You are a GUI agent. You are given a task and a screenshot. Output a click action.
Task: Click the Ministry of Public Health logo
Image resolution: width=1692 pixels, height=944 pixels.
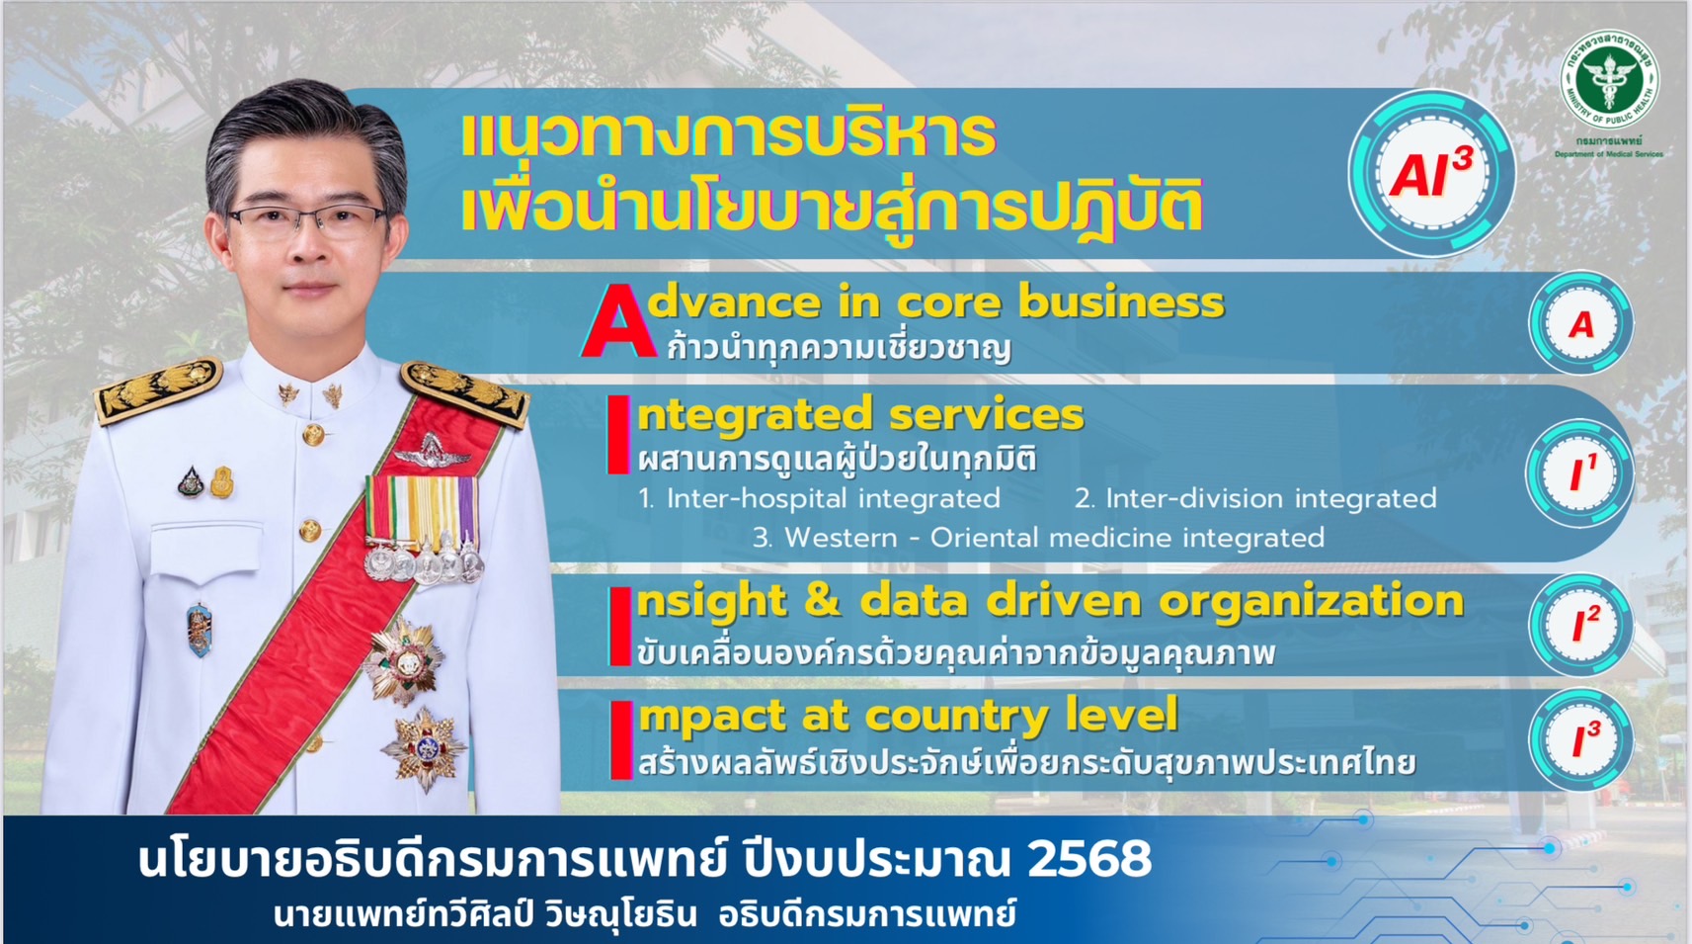pos(1609,79)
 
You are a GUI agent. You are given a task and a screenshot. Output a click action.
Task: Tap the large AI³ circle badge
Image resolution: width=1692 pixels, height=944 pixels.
pos(1431,173)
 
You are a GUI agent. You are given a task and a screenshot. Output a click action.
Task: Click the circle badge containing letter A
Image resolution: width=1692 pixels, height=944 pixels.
pos(1580,323)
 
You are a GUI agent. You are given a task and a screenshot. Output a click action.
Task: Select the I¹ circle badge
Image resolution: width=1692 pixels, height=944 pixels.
pos(1580,473)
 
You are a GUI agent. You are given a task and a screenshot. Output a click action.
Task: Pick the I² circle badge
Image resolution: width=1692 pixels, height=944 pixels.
pos(1581,625)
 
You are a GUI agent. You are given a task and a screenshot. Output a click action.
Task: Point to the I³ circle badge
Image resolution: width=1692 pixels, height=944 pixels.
pos(1581,740)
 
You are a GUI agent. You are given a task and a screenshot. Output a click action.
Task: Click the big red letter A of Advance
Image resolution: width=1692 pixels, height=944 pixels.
pos(619,321)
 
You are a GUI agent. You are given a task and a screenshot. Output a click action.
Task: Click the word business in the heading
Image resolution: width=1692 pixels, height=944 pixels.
pos(1121,302)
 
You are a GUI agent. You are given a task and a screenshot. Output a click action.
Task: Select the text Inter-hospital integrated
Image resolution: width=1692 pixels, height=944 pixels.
pos(833,499)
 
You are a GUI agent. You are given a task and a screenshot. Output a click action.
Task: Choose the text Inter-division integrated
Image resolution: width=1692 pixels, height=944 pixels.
pos(1271,499)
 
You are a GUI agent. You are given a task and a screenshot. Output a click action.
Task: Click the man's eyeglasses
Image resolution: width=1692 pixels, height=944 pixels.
pos(308,220)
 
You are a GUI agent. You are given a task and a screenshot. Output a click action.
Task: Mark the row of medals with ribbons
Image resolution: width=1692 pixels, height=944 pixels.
pos(423,528)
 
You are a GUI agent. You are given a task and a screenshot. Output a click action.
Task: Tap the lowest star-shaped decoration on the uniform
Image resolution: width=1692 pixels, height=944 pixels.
pos(425,747)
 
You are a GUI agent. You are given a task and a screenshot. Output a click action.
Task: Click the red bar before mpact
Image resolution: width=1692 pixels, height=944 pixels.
pos(621,740)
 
